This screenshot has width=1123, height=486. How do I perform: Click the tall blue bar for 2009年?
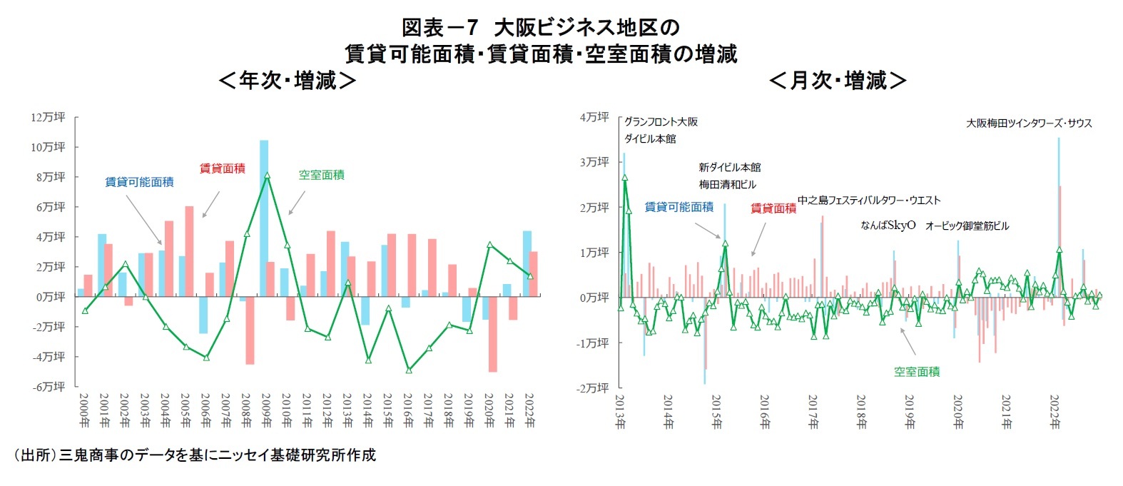[x=264, y=214]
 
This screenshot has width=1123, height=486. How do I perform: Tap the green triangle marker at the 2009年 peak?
[x=267, y=175]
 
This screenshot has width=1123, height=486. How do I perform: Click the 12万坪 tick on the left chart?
[x=48, y=117]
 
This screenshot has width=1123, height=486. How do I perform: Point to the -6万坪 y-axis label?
[x=48, y=386]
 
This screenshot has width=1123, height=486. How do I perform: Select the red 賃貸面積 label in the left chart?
[x=222, y=168]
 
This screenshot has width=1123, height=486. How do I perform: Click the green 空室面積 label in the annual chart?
[x=321, y=175]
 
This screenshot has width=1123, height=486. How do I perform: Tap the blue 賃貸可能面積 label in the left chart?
[x=139, y=182]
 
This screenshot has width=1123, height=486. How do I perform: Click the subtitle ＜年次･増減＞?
[x=287, y=81]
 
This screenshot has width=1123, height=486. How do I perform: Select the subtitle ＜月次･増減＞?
[x=838, y=81]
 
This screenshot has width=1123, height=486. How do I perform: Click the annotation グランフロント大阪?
[x=661, y=122]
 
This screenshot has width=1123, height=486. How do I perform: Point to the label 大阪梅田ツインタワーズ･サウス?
[x=1029, y=123]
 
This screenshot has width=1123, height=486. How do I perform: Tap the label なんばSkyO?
[x=888, y=226]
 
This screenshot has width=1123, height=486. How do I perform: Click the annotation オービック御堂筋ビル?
[x=967, y=226]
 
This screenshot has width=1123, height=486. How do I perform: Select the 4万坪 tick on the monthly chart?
[x=594, y=117]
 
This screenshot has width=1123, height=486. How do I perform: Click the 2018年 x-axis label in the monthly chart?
[x=861, y=412]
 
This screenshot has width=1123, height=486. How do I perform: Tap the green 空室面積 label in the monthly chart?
[x=916, y=372]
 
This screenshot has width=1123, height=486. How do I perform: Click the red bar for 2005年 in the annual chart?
[x=189, y=251]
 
